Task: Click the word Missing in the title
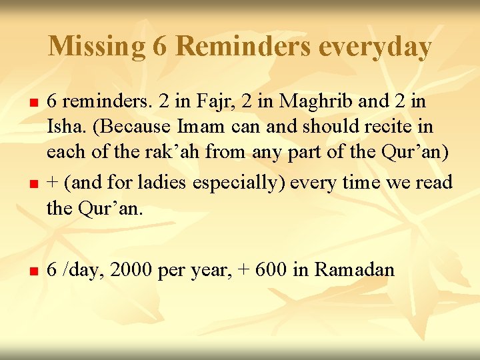tap(97, 46)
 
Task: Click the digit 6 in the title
tap(159, 46)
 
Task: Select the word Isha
tap(63, 126)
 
